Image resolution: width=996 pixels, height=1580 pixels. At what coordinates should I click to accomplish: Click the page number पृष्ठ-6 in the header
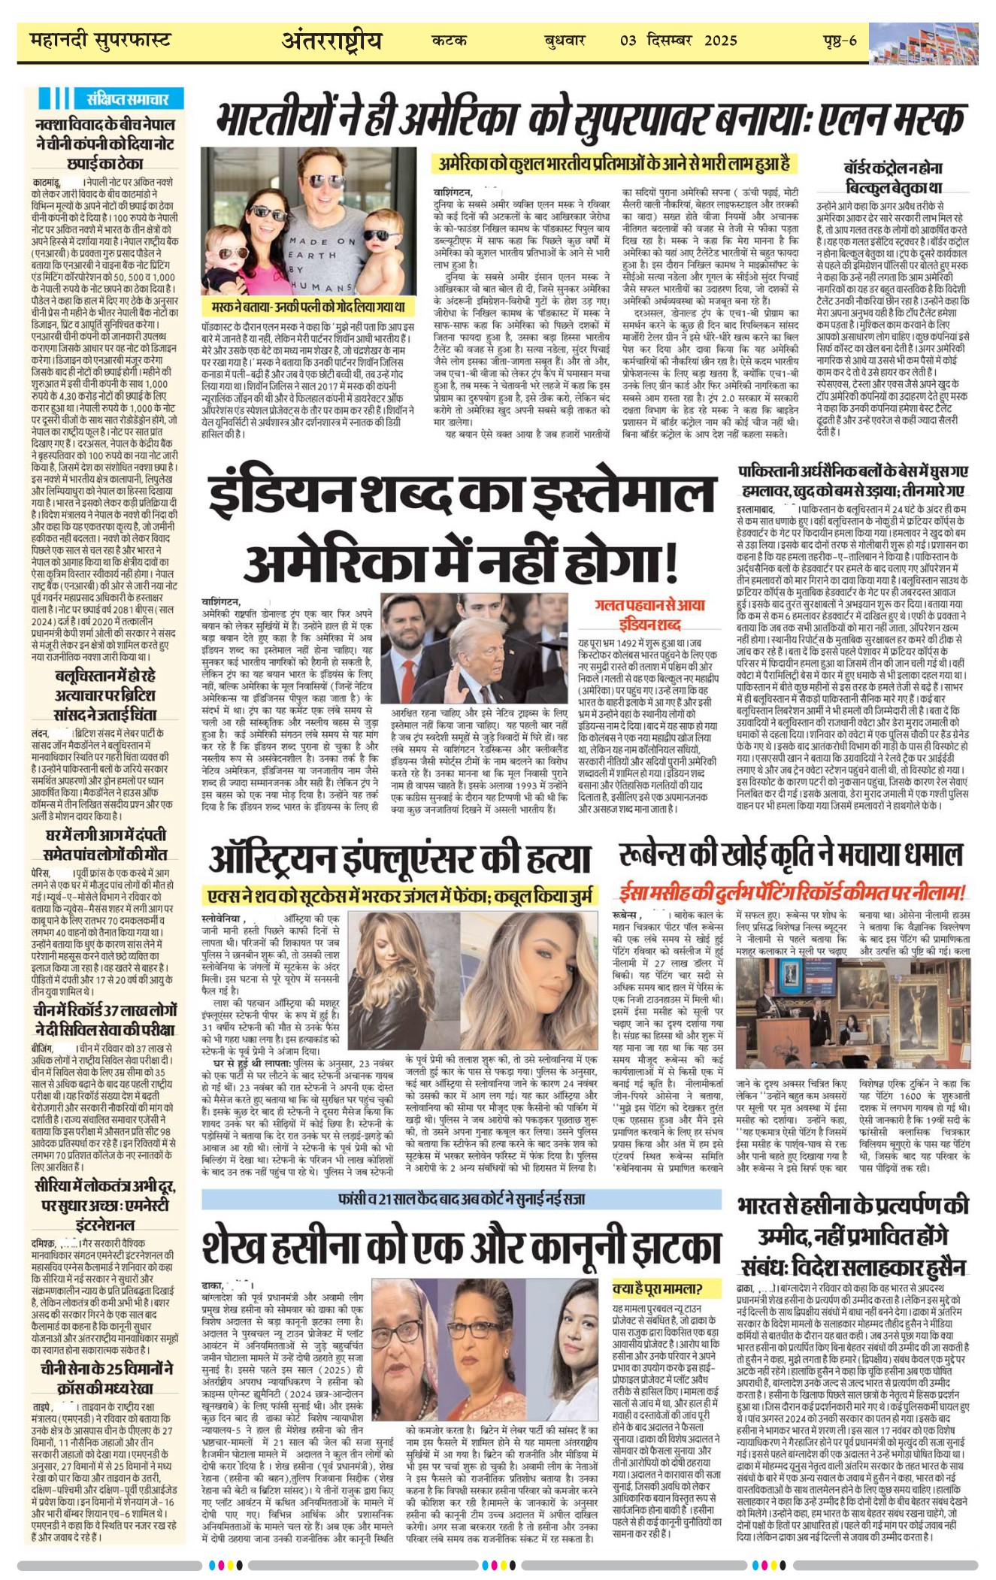click(x=840, y=41)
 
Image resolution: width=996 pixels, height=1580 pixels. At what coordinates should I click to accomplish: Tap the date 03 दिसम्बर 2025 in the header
click(x=680, y=41)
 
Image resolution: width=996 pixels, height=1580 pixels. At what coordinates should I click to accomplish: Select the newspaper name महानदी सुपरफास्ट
click(x=101, y=41)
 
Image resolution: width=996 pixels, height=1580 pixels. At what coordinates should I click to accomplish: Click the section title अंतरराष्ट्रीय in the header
click(x=331, y=41)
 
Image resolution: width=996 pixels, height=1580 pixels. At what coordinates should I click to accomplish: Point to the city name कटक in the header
click(x=450, y=41)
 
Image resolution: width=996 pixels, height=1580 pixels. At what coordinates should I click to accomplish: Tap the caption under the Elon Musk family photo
click(x=309, y=307)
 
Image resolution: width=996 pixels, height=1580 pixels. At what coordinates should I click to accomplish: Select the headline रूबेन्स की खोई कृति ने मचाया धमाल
click(x=791, y=855)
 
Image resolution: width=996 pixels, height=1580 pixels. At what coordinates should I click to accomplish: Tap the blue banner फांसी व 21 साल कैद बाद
click(x=462, y=1198)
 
